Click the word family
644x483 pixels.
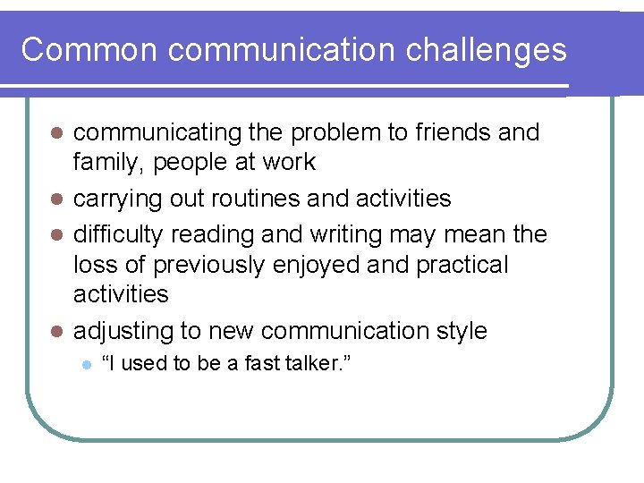104,163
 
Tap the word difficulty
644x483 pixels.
118,235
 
